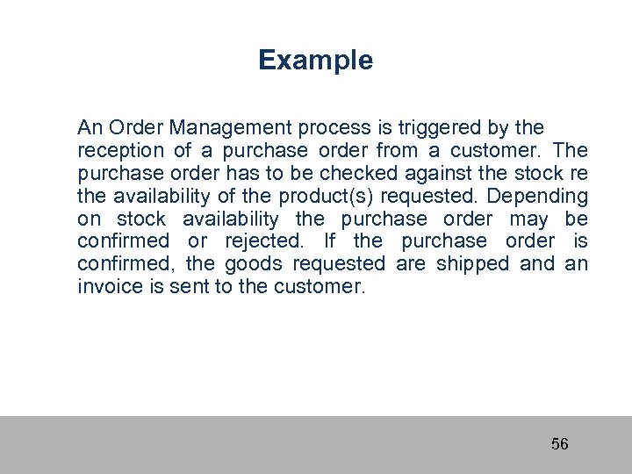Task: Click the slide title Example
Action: (x=315, y=61)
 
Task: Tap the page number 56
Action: (x=559, y=444)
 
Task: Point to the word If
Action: (x=330, y=241)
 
